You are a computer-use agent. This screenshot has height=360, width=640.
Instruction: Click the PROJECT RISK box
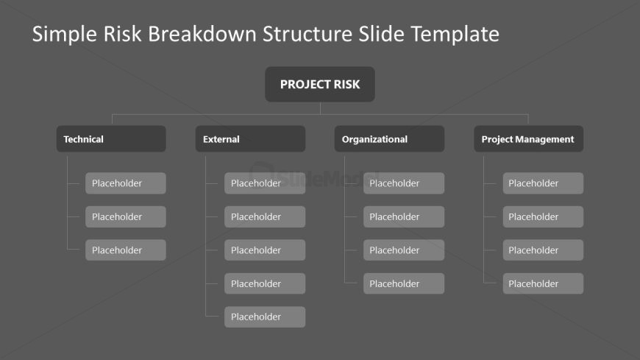point(319,84)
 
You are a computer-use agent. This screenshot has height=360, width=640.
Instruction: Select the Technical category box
point(111,139)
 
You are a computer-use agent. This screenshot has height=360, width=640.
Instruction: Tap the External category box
point(250,139)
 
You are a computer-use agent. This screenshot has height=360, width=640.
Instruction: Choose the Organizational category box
point(389,139)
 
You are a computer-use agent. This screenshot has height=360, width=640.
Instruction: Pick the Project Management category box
point(528,139)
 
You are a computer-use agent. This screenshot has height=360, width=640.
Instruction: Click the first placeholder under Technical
point(125,183)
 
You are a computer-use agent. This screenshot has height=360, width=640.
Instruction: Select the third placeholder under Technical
point(125,250)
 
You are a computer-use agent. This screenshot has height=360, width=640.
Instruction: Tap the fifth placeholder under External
point(265,317)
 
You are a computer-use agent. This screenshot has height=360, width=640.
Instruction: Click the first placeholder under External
point(265,183)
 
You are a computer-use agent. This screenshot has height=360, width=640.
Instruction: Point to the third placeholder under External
point(265,250)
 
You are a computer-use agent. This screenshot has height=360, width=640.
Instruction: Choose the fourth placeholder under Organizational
point(404,283)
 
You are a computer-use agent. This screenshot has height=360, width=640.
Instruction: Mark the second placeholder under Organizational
point(404,216)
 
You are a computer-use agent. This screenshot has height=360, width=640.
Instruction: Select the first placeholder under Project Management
point(543,183)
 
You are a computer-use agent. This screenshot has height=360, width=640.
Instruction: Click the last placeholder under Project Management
point(543,283)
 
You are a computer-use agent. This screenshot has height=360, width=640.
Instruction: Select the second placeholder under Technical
point(125,216)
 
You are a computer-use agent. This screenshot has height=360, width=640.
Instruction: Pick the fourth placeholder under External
point(265,283)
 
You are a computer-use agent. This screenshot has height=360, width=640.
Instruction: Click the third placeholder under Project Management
point(543,250)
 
